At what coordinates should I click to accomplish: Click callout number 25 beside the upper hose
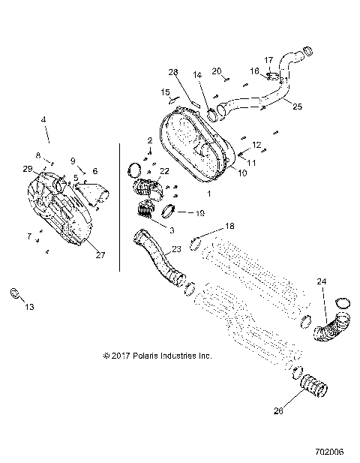pyautogui.click(x=298, y=107)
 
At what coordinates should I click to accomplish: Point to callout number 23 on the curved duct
pyautogui.click(x=176, y=248)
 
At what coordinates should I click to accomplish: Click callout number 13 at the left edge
pyautogui.click(x=29, y=306)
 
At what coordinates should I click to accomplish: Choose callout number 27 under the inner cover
pyautogui.click(x=99, y=255)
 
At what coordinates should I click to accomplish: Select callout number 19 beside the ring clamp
pyautogui.click(x=199, y=212)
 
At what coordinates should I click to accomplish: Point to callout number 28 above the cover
pyautogui.click(x=173, y=72)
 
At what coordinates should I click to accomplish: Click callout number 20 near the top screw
pyautogui.click(x=217, y=71)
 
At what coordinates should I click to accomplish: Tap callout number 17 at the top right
pyautogui.click(x=268, y=60)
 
